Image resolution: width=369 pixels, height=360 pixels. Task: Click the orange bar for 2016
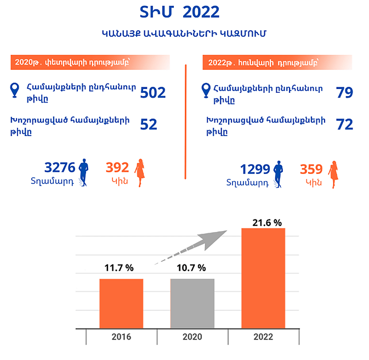tap(121, 303)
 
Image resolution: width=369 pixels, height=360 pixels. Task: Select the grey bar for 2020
tap(192, 303)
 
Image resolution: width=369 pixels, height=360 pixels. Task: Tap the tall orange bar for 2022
tap(263, 278)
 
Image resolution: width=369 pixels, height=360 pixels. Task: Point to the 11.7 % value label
tap(119, 268)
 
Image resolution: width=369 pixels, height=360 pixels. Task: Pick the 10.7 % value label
tap(191, 268)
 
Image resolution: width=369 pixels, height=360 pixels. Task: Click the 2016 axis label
tap(121, 336)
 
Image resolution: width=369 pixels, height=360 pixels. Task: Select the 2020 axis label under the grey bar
tap(192, 336)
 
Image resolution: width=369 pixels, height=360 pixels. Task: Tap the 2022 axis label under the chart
tap(263, 336)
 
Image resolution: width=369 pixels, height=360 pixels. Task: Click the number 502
tap(153, 93)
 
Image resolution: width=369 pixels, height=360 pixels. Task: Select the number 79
tap(344, 93)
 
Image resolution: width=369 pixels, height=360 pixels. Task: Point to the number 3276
tap(59, 167)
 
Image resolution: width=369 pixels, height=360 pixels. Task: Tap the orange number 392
tap(117, 167)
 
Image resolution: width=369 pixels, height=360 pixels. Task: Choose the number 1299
tap(256, 170)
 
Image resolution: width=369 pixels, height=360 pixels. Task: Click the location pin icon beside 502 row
tap(14, 89)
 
